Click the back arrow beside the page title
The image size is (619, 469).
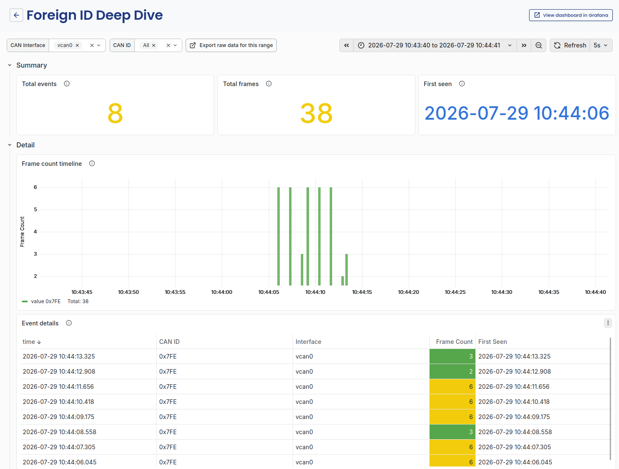[16, 15]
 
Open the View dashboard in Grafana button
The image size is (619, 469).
[570, 15]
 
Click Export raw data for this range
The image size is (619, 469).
[231, 45]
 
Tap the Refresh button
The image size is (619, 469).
[570, 45]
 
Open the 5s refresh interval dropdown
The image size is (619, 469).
[601, 45]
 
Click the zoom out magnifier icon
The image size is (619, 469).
[538, 45]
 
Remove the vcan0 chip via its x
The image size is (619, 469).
[77, 45]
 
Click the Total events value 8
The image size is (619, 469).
[115, 113]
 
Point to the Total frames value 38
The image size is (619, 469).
[316, 113]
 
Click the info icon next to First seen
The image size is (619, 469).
[462, 84]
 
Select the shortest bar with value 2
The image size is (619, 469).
[342, 281]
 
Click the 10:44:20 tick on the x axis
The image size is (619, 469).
[408, 292]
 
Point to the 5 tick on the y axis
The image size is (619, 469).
[35, 210]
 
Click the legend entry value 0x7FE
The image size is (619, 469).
[46, 301]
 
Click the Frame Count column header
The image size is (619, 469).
[454, 342]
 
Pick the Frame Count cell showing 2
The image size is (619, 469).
[452, 372]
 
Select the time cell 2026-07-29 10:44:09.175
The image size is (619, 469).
[58, 417]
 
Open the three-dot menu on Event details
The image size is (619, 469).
[608, 323]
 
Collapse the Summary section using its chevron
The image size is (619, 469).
[10, 65]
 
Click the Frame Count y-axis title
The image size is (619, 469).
[22, 232]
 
